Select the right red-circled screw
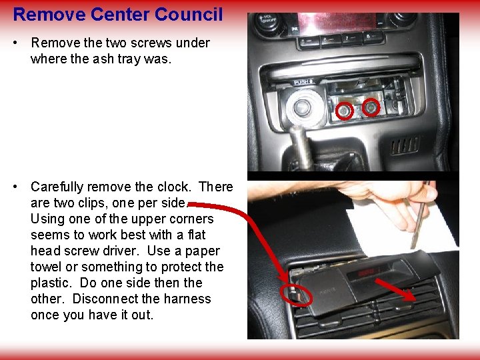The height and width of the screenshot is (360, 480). click(371, 107)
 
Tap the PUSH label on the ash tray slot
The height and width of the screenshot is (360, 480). click(303, 83)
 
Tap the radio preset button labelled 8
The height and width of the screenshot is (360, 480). click(369, 36)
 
